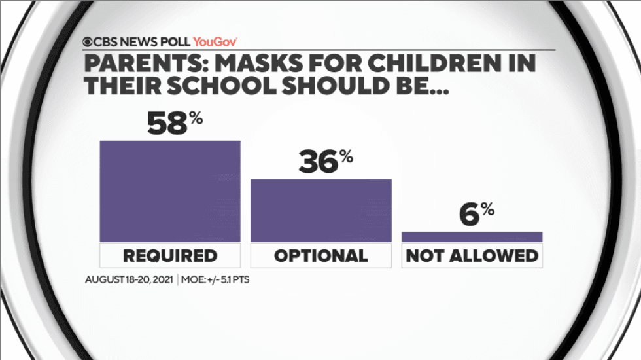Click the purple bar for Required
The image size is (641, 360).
click(170, 191)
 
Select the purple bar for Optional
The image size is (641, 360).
click(321, 210)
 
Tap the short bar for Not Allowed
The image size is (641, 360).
click(472, 237)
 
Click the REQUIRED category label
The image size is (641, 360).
click(170, 255)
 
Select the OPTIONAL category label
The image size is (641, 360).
click(321, 255)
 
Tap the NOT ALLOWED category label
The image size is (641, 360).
click(472, 255)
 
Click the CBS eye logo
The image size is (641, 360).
click(88, 42)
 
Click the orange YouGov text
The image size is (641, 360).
click(215, 42)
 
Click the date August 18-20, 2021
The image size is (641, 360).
click(129, 279)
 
